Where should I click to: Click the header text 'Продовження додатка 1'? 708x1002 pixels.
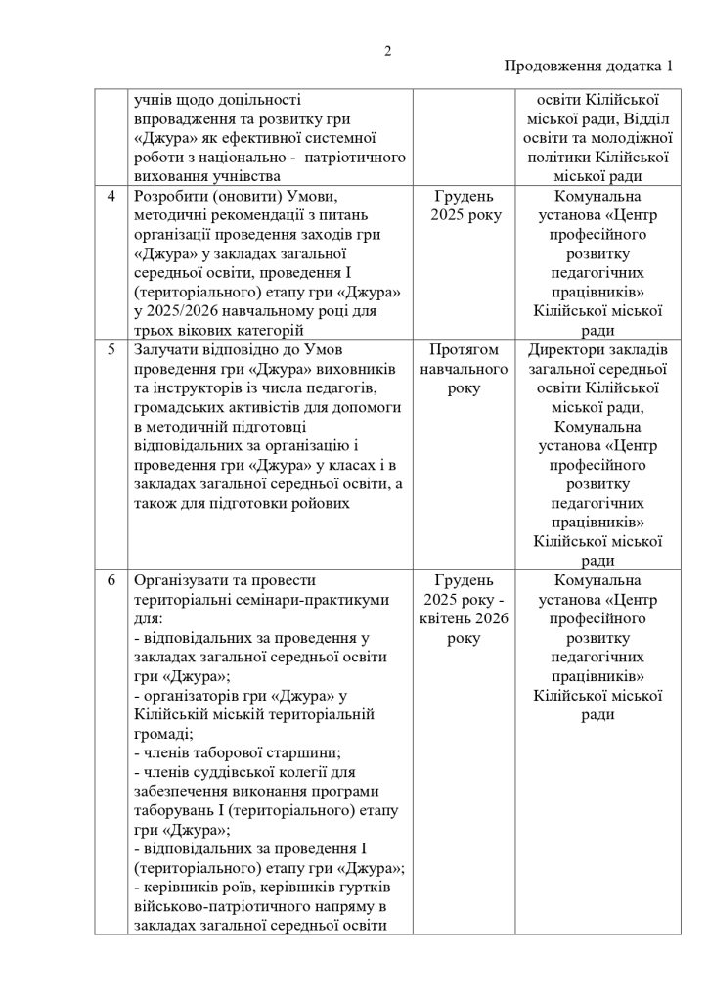pos(589,68)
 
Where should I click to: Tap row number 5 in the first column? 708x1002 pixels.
pos(111,350)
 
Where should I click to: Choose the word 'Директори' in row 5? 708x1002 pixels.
pos(559,350)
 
